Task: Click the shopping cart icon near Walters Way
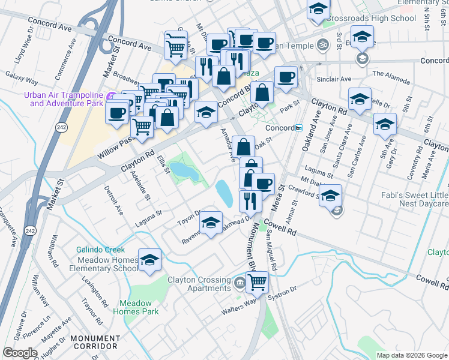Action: pos(258,281)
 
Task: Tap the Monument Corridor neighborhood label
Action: pos(94,342)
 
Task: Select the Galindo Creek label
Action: pos(100,250)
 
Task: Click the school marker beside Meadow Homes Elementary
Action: pos(149,260)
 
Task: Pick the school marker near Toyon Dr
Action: pos(210,223)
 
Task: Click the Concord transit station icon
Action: pos(298,128)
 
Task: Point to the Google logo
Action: pos(20,353)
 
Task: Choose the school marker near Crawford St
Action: pos(330,196)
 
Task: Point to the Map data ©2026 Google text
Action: pos(412,355)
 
